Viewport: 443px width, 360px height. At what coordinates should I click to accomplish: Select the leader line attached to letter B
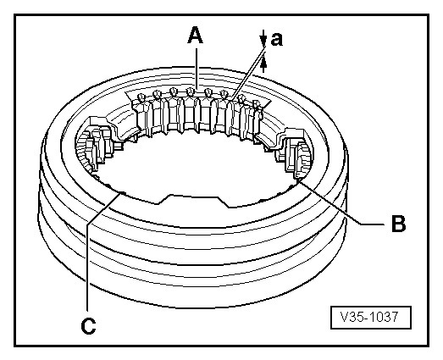(339, 202)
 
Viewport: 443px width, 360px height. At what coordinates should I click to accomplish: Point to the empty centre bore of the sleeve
(199, 165)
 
